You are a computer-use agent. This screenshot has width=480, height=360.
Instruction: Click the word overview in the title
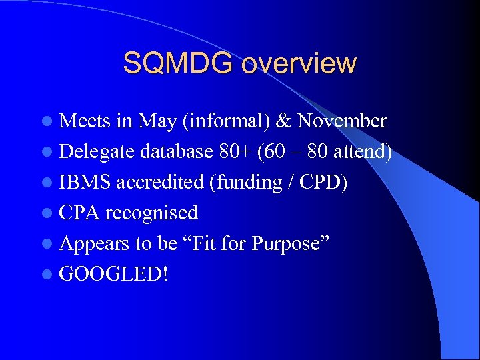click(299, 63)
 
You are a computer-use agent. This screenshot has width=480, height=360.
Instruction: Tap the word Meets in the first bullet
click(85, 121)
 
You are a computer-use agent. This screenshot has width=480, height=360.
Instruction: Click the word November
click(342, 121)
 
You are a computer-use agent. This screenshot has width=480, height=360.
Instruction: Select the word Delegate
click(97, 151)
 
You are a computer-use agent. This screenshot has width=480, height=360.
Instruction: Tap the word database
click(178, 151)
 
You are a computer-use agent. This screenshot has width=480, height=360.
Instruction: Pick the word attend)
click(363, 151)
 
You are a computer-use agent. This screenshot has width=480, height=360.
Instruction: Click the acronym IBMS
click(85, 182)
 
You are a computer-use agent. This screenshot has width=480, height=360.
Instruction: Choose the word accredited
click(160, 182)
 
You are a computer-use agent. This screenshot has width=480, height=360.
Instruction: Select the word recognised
click(151, 213)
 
